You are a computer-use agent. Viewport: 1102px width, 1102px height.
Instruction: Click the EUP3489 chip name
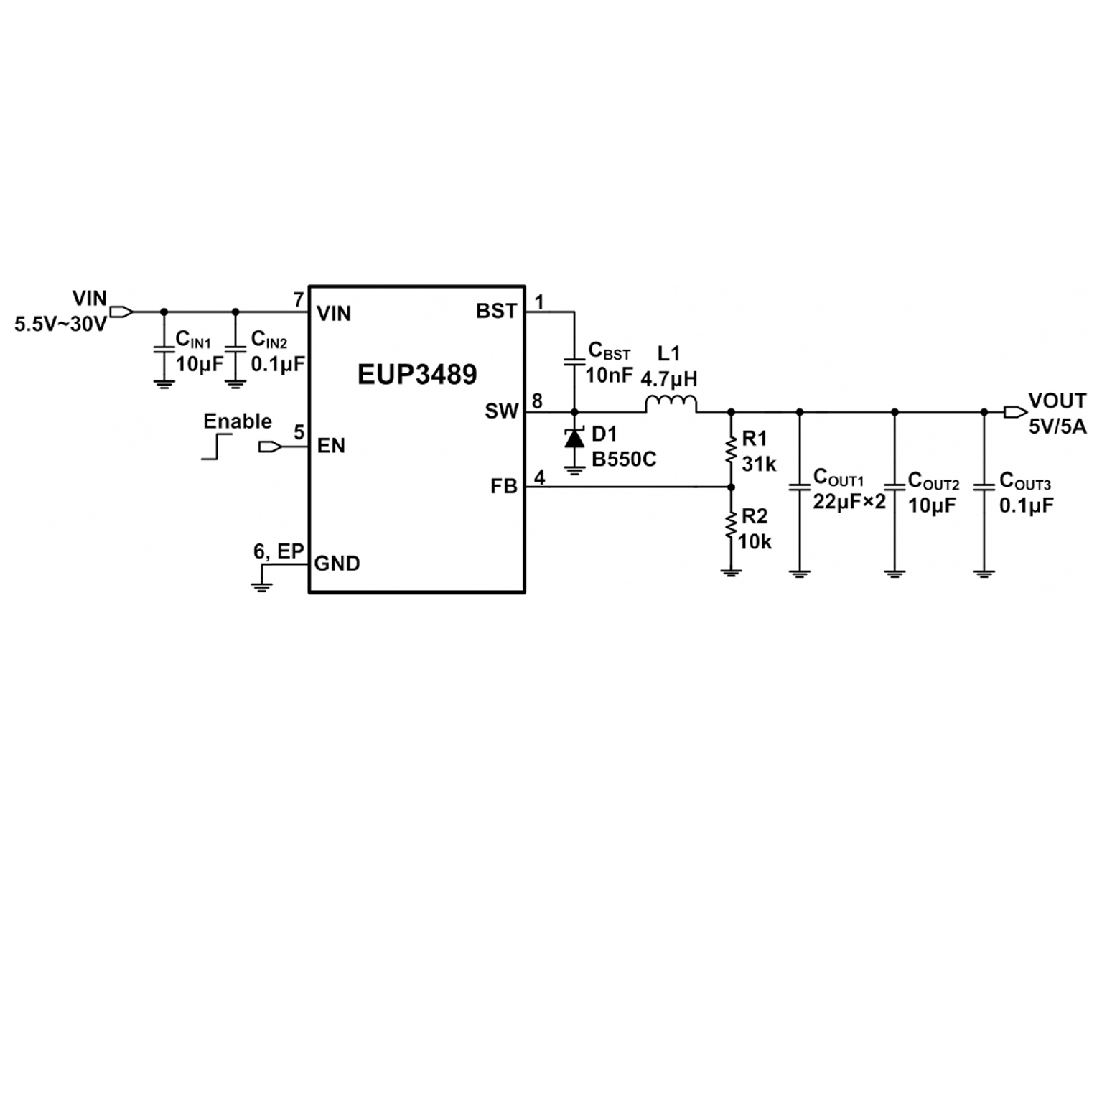[417, 374]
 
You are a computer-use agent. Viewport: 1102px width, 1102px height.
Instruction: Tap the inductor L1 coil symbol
[670, 404]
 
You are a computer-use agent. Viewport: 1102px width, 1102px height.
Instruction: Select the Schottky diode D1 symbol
[574, 438]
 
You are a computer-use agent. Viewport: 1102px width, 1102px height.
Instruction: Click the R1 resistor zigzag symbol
[731, 451]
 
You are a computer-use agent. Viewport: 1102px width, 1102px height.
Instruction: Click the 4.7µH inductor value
[668, 378]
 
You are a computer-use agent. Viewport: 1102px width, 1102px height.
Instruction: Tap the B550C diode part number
[624, 459]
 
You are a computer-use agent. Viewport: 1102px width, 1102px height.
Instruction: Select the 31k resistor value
[759, 464]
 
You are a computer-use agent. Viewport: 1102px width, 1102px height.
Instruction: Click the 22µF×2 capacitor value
[849, 502]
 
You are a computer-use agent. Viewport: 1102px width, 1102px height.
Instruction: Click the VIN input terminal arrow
[121, 312]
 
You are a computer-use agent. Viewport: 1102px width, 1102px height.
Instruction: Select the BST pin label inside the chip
[496, 312]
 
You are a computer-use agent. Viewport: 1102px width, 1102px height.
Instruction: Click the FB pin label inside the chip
[504, 487]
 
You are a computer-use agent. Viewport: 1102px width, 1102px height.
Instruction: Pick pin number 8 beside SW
[538, 401]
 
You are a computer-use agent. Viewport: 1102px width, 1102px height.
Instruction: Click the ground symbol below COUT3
[984, 573]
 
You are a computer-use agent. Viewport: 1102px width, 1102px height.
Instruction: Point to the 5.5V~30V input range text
[60, 324]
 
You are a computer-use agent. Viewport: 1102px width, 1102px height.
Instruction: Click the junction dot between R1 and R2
[731, 487]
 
